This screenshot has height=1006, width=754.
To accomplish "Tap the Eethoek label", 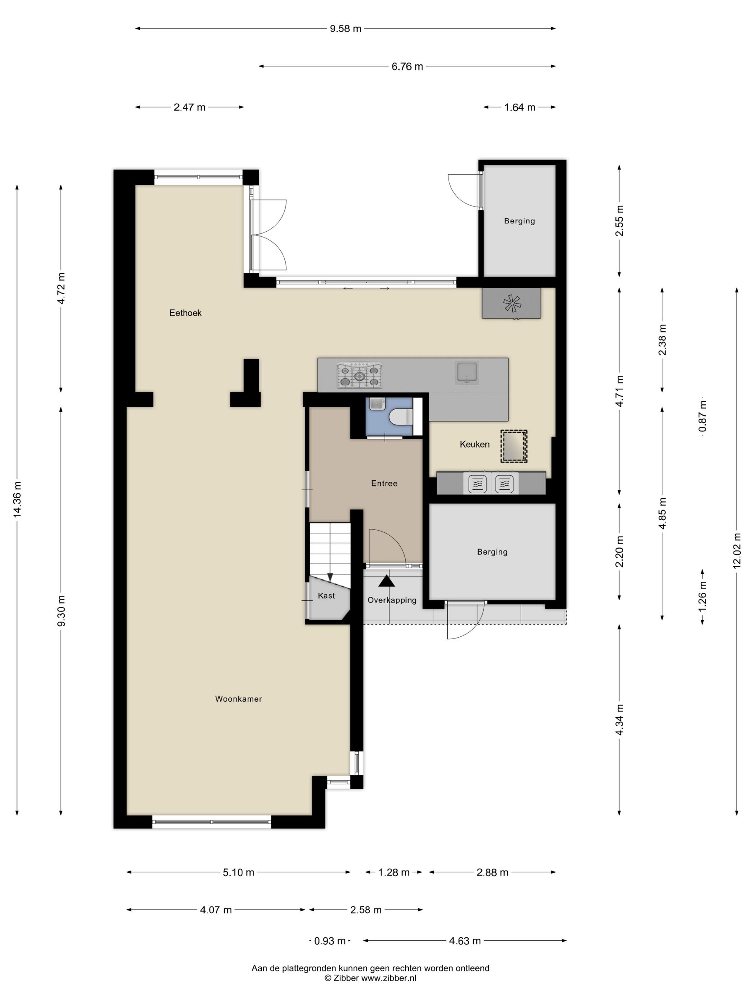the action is pyautogui.click(x=185, y=313).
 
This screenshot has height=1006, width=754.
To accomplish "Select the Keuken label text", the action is pyautogui.click(x=475, y=444).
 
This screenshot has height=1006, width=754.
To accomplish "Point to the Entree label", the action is pyautogui.click(x=384, y=484).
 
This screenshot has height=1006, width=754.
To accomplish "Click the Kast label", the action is pyautogui.click(x=326, y=596).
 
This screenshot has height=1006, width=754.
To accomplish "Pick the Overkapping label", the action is pyautogui.click(x=392, y=600).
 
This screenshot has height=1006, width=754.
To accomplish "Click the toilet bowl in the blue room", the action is pyautogui.click(x=400, y=416).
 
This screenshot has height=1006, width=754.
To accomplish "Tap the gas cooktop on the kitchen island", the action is pyautogui.click(x=359, y=376).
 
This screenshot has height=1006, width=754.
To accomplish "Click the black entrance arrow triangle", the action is pyautogui.click(x=386, y=581).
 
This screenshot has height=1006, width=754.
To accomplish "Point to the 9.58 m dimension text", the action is pyautogui.click(x=345, y=29).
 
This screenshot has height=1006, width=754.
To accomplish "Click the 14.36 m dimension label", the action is pyautogui.click(x=17, y=499).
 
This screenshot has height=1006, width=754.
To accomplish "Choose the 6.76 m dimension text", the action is pyautogui.click(x=407, y=66).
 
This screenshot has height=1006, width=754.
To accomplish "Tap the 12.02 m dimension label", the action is pyautogui.click(x=737, y=550).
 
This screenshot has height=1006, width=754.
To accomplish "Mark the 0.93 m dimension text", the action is pyautogui.click(x=330, y=941).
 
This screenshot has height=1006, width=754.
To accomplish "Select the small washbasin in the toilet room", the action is pyautogui.click(x=377, y=404).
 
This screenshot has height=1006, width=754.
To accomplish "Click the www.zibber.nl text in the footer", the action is pyautogui.click(x=388, y=978).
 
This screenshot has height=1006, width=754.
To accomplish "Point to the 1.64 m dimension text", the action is pyautogui.click(x=520, y=107).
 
